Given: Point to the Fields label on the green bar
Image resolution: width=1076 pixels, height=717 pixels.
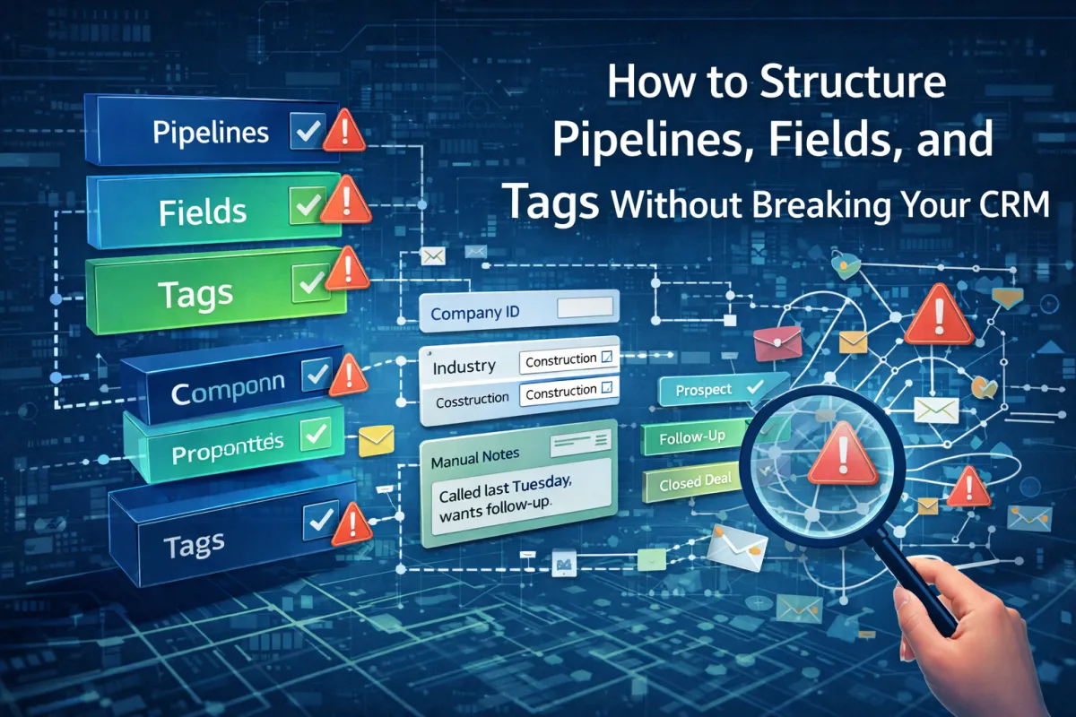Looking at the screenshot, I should coord(202,212).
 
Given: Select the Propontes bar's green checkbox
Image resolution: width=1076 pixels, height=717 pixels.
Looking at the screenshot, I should coord(315,436).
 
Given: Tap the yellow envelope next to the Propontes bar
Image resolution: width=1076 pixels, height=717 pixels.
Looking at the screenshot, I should coord(377,440).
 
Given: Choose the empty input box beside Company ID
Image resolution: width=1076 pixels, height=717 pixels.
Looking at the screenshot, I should coord(583,310).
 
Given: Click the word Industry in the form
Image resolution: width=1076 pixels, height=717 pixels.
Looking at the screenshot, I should coord(464,367).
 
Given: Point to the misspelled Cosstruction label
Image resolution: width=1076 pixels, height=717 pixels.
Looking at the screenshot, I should coord(473,401).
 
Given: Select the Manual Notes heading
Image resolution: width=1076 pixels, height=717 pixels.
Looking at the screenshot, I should coord(475,455).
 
